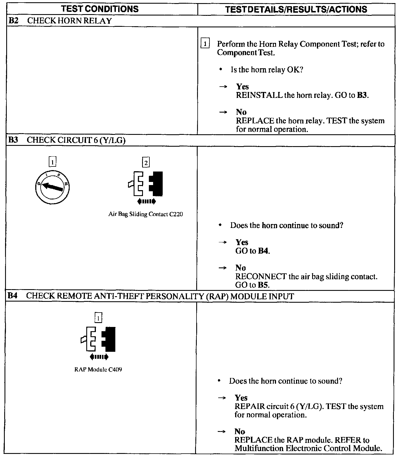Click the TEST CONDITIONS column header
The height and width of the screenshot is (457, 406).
pos(100,9)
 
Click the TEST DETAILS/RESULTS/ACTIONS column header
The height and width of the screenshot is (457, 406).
pos(296,9)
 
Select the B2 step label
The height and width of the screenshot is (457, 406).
pos(14,21)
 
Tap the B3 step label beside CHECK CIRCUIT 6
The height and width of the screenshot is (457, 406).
pos(13,140)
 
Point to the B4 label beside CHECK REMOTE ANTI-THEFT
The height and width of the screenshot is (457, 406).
pos(13,296)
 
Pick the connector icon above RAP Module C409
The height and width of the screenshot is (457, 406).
pos(98,339)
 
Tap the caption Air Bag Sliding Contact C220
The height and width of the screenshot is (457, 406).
pos(145,214)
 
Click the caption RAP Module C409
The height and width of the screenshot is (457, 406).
pos(98,370)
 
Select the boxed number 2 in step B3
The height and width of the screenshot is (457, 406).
pos(146,162)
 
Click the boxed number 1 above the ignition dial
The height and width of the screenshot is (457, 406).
pos(52,162)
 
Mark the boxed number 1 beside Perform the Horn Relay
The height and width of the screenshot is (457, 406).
pos(205,44)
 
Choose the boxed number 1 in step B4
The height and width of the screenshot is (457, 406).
pos(98,318)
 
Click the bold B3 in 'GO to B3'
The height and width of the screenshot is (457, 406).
pos(362,95)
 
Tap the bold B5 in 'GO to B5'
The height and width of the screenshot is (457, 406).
pos(263,285)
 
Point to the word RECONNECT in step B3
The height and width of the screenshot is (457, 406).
pos(261,276)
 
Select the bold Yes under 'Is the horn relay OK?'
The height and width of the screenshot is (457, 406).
pos(242,86)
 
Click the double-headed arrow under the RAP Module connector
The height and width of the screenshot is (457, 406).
pos(99,357)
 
